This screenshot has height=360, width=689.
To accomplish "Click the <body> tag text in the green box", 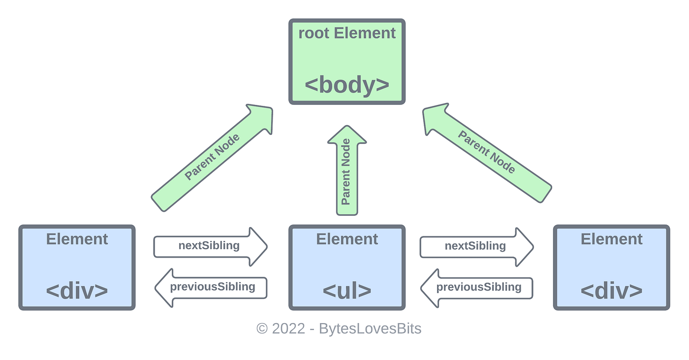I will point(347,85).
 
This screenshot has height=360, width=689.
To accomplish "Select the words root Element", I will point(347,33).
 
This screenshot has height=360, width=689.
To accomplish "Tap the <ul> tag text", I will point(347,291).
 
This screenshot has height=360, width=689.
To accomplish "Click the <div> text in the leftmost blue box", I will point(77,291).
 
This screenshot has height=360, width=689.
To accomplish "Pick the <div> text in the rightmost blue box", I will point(611,291).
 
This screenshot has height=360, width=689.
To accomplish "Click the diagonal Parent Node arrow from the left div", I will point(212,158).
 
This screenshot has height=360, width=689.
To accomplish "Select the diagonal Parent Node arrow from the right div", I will point(487,153).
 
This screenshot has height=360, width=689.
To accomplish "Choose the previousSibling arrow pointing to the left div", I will point(212,287).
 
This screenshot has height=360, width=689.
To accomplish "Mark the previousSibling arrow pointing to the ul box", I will point(477,287).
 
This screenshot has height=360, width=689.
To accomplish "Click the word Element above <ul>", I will point(347,239).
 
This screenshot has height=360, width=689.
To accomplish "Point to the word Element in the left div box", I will point(77,239).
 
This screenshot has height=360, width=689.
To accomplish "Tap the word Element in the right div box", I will point(611,239).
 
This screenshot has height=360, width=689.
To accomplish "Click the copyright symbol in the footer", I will point(262,328).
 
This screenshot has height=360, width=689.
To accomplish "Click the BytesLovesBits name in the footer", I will point(370,328).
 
